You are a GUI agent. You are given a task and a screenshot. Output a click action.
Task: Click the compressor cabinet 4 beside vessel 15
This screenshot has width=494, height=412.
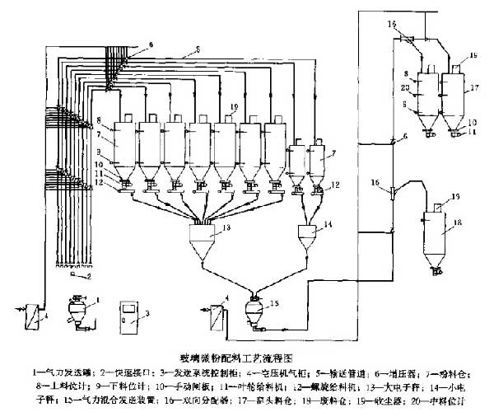[218, 316]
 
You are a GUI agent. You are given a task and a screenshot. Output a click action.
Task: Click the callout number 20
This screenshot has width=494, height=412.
[406, 87]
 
